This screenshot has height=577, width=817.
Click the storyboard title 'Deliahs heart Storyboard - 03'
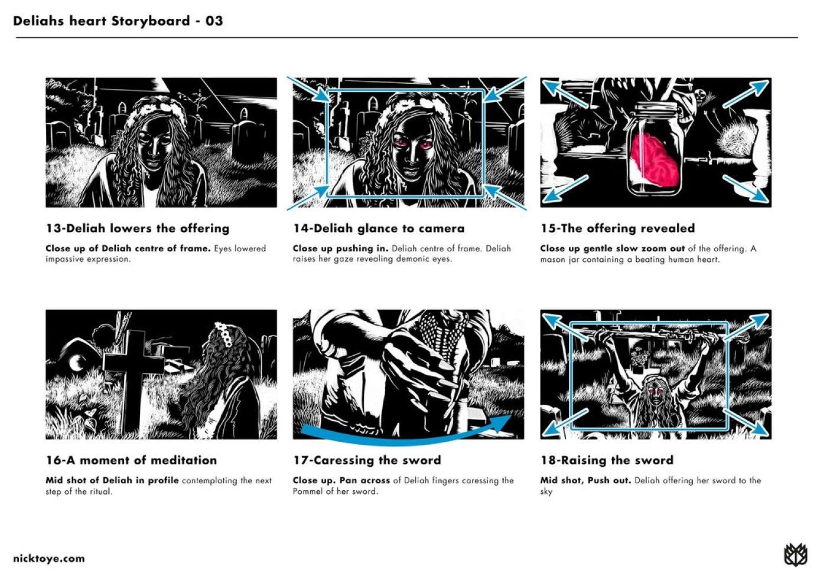118,21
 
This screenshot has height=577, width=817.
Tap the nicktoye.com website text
49,559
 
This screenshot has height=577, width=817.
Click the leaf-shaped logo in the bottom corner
795,555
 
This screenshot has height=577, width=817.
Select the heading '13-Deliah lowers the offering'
138,228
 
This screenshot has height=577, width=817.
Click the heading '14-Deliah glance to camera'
379,228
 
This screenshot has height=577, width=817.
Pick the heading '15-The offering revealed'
617,228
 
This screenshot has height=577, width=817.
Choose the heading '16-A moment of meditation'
131,460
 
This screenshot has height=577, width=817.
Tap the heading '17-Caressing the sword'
367,460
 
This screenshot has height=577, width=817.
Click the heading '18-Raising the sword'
607,460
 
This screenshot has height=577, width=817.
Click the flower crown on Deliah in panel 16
223,333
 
